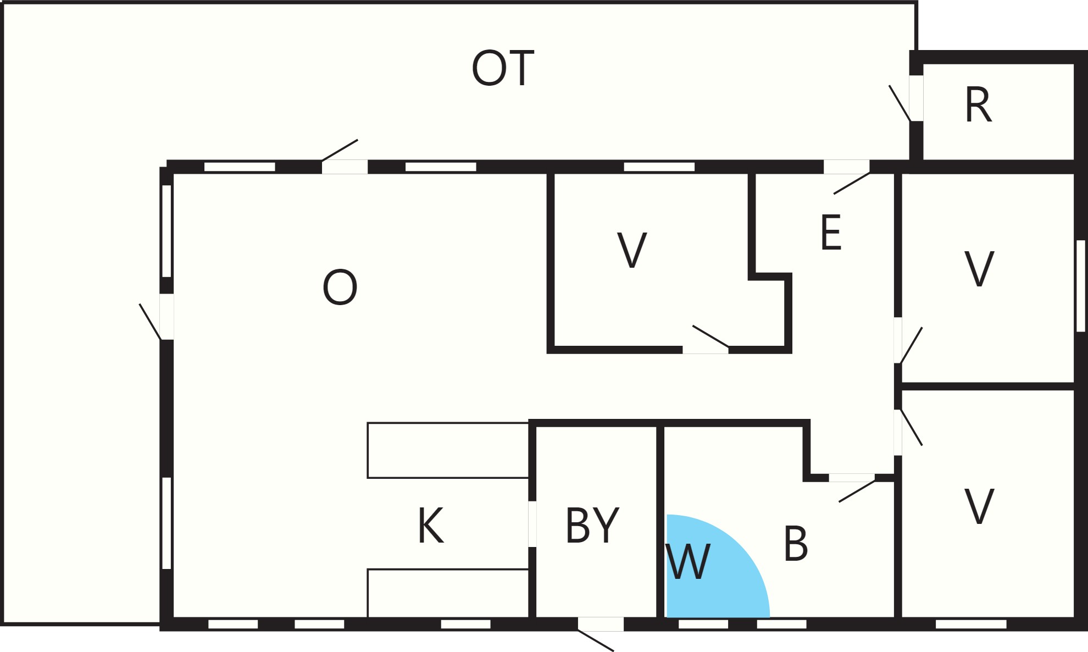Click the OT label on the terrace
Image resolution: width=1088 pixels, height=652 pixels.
503,68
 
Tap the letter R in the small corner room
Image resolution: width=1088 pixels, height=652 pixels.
978,105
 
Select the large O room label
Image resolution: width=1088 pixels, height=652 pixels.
340,287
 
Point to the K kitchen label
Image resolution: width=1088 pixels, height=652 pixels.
430,525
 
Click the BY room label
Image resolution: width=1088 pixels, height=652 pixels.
592,525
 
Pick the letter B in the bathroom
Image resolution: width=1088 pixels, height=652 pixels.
796,543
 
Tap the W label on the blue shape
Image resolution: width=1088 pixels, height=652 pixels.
688,561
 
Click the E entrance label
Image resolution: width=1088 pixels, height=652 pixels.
831,233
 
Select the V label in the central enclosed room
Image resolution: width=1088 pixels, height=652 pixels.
632,250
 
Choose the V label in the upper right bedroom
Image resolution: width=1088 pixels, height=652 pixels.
979,269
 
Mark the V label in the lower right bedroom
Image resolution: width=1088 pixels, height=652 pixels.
979,506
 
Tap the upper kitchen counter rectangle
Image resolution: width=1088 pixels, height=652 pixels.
448,450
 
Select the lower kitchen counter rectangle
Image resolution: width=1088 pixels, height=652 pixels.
448,593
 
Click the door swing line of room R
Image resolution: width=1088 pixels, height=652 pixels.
900,103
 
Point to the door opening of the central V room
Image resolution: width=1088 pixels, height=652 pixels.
706,350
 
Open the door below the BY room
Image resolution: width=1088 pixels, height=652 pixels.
601,624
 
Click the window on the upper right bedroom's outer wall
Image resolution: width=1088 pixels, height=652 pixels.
1081,286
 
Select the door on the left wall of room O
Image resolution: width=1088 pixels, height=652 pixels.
166,317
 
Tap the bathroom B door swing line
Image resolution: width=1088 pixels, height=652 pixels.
857,491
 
